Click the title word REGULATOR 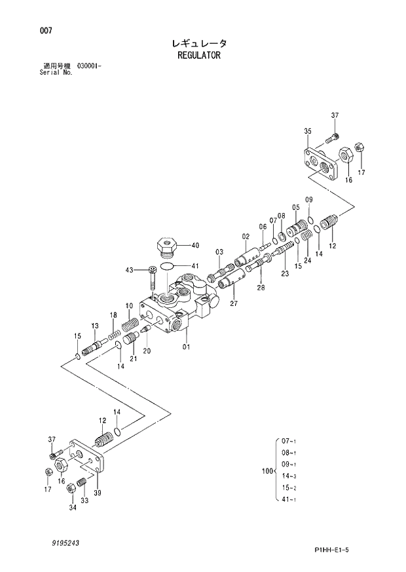pos(199,56)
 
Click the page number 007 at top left pos(46,31)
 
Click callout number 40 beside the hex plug pos(194,246)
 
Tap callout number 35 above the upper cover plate pos(307,132)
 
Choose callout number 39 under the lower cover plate pos(98,493)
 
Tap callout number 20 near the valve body pos(147,351)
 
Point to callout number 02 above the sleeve pos(246,236)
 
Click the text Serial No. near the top pos(56,73)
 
